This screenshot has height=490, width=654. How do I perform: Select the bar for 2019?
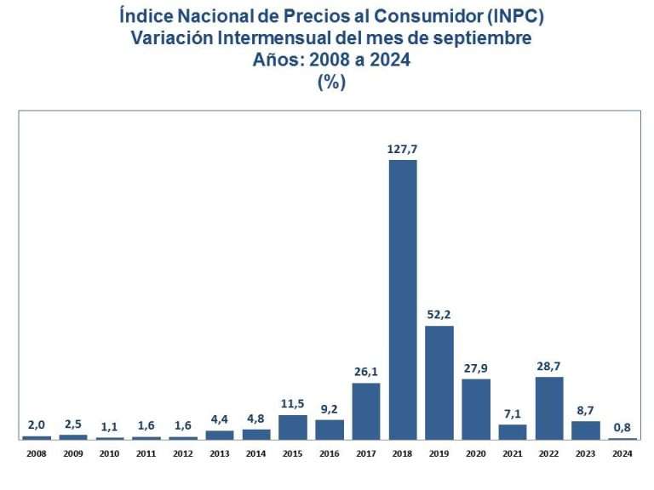pos(439,382)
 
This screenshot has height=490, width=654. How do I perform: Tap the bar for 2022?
pos(549,407)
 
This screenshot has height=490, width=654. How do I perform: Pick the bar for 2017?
pos(366,411)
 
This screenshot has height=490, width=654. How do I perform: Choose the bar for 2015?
pos(293,426)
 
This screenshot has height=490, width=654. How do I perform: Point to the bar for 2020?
pos(476,408)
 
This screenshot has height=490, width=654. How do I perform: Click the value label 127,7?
pos(403,149)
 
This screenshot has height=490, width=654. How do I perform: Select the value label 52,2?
pos(439,314)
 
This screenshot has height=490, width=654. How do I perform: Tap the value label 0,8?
pos(622,427)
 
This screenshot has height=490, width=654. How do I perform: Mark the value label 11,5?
pos(293,403)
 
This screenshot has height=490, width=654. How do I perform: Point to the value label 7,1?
pos(513,413)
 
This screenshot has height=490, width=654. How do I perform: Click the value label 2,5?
pos(73,424)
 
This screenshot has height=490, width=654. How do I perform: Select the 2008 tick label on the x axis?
pos(37,454)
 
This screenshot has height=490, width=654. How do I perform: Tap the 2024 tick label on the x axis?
pos(622,454)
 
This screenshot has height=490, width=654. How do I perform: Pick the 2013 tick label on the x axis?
pos(220,454)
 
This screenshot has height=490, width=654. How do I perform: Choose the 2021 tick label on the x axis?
pos(513,454)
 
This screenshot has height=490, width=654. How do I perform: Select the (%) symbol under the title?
pos(330,82)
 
